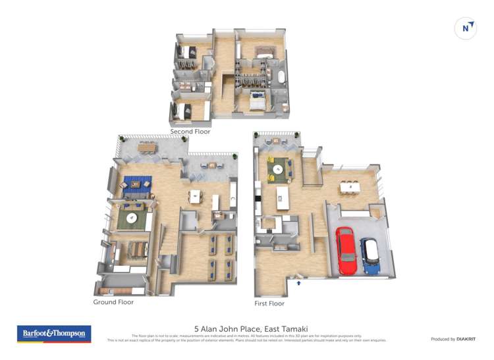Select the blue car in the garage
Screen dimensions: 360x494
(x=369, y=256)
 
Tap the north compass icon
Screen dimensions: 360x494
(x=466, y=28)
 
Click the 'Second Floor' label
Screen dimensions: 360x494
(x=190, y=132)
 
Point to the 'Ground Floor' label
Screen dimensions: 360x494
(x=113, y=302)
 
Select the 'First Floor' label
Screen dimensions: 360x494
(x=269, y=303)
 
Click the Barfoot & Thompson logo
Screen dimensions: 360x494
(x=54, y=334)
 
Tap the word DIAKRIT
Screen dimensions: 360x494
(x=464, y=339)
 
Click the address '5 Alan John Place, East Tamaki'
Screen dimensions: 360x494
(x=251, y=328)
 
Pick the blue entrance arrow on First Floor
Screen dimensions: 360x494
(x=299, y=283)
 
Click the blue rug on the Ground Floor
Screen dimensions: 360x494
(x=138, y=185)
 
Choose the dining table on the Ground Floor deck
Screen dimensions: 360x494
(x=148, y=147)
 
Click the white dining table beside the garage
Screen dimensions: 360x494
(x=350, y=188)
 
